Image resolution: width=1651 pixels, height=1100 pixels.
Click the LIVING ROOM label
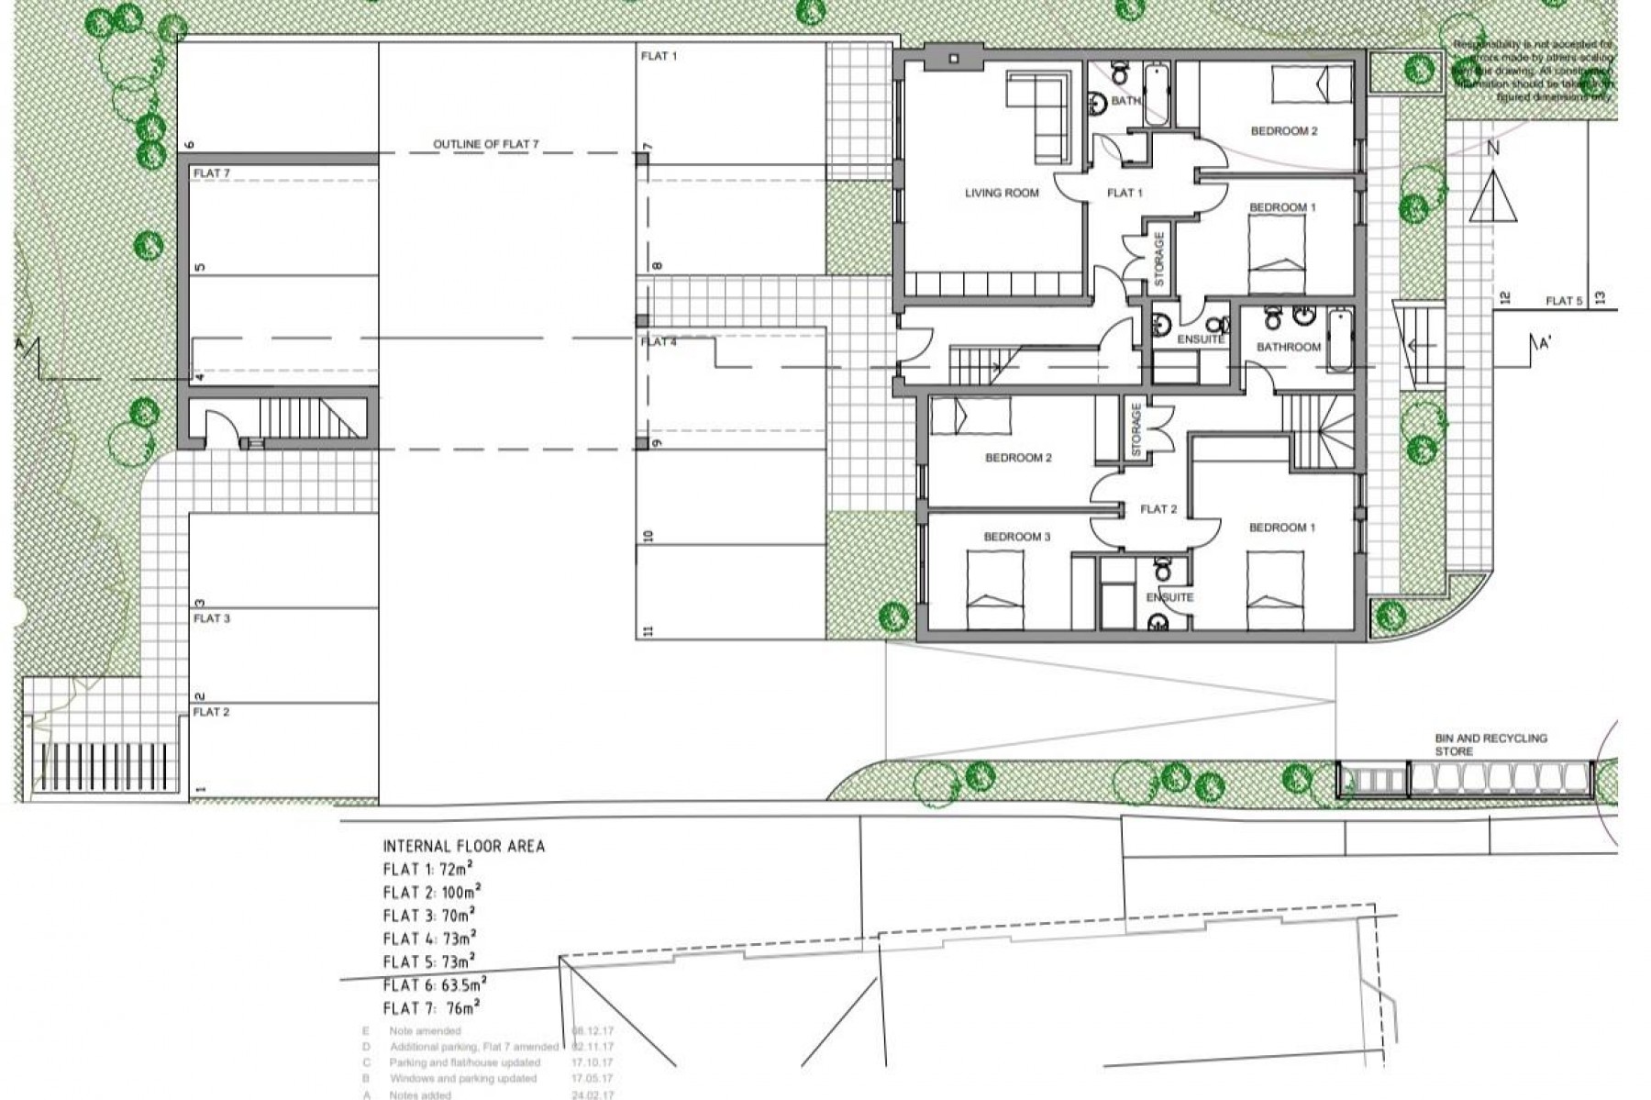pyautogui.click(x=1001, y=193)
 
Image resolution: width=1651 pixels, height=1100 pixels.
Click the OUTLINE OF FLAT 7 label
pyautogui.click(x=486, y=144)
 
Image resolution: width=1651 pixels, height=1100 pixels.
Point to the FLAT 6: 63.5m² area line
pyautogui.click(x=434, y=985)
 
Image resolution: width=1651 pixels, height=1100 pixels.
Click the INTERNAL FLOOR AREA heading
pyautogui.click(x=463, y=846)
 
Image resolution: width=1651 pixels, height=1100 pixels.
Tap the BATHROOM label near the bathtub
pyautogui.click(x=1288, y=347)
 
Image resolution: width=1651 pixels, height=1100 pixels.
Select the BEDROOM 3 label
pyautogui.click(x=1016, y=537)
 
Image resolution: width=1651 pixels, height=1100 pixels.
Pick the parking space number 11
pyautogui.click(x=648, y=630)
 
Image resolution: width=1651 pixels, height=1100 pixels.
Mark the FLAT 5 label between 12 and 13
pyautogui.click(x=1564, y=301)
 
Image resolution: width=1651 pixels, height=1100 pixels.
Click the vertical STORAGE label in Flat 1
pyautogui.click(x=1158, y=259)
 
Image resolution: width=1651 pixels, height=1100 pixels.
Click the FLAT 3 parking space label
pyautogui.click(x=211, y=618)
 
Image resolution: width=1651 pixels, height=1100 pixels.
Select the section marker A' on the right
pyautogui.click(x=1544, y=345)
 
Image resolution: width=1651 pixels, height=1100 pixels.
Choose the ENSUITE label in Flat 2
pyautogui.click(x=1169, y=597)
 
